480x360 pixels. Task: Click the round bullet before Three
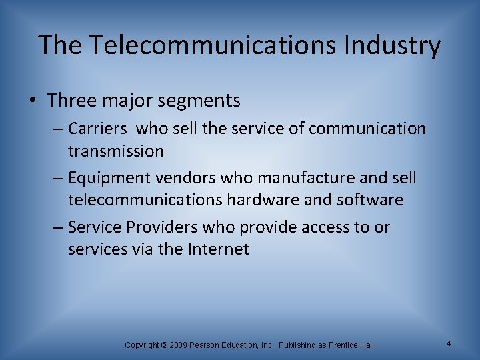[x=33, y=101]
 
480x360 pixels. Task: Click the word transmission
[x=115, y=151]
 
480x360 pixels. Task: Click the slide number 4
[x=449, y=343]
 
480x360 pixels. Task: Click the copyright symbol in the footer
[x=163, y=345]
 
